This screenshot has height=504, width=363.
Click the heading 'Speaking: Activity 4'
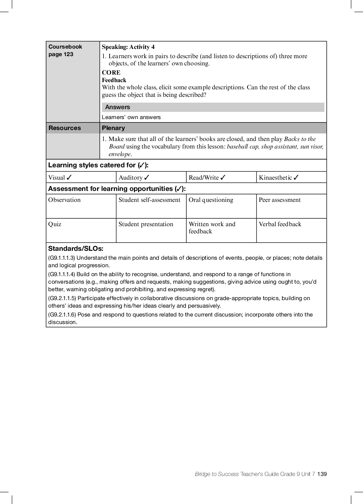tap(128, 47)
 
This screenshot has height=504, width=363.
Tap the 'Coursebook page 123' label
tap(65, 50)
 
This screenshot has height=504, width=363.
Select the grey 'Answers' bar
tap(213, 107)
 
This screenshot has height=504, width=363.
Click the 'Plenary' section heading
tap(113, 128)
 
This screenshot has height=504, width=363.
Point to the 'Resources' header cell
tap(65, 128)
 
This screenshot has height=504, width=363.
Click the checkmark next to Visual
tap(69, 177)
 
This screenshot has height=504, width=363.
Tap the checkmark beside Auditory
tap(147, 177)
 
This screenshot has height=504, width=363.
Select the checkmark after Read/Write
tap(223, 177)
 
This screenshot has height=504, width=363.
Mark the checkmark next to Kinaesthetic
tap(296, 177)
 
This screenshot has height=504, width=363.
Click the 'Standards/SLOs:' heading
tap(76, 249)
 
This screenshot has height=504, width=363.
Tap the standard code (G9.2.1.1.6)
tap(62, 314)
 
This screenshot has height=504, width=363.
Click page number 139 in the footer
tap(322, 474)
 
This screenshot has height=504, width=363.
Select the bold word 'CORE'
tap(111, 73)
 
